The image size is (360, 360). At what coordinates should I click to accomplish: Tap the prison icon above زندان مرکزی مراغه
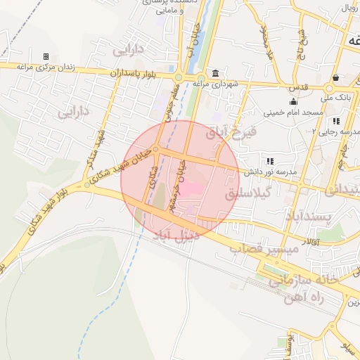[46, 56]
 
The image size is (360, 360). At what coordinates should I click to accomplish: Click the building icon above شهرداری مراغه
[214, 74]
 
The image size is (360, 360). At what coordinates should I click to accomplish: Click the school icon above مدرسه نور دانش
[269, 161]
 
